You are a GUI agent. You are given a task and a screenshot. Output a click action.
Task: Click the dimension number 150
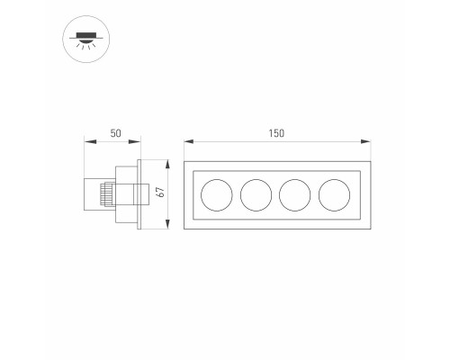[x=276, y=133]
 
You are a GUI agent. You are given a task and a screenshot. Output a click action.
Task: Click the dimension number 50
[x=116, y=133]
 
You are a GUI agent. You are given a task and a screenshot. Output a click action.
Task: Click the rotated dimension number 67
[x=161, y=192]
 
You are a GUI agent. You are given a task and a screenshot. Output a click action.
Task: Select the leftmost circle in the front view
[x=217, y=195]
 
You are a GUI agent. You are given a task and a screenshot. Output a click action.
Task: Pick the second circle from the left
[x=256, y=195]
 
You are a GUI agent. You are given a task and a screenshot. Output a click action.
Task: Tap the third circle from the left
[x=295, y=195]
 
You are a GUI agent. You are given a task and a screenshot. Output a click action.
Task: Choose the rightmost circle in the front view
[x=334, y=195]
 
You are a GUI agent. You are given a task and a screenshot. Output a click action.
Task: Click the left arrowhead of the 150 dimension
[x=189, y=141]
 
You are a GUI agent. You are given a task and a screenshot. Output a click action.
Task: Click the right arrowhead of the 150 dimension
[x=366, y=141]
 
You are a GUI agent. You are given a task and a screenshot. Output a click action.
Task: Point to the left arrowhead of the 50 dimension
[x=90, y=141]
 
